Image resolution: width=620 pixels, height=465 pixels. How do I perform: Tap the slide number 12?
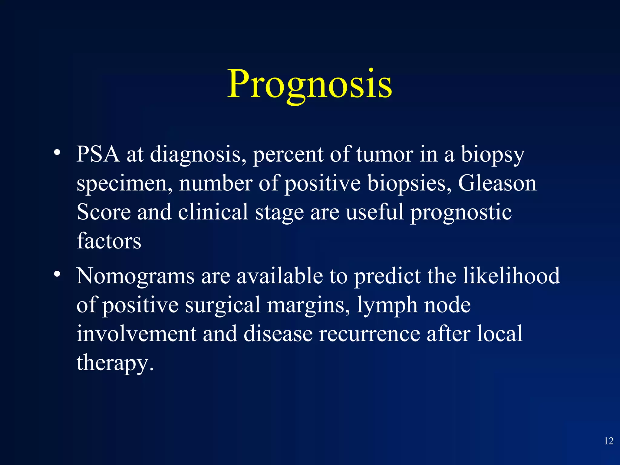(x=608, y=441)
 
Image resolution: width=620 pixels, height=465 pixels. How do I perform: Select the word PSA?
(x=98, y=154)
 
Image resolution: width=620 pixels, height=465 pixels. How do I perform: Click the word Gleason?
(x=497, y=183)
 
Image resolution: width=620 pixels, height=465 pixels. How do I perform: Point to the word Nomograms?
(x=135, y=276)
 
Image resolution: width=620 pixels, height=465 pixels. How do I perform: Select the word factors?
(x=109, y=241)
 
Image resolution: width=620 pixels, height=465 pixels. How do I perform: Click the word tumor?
(x=384, y=154)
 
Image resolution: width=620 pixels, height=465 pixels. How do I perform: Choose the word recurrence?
(x=369, y=334)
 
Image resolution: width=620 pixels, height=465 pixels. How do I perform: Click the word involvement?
(x=136, y=334)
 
